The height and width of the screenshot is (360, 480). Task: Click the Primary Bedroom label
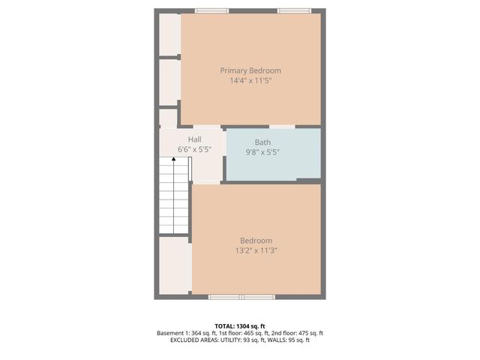[250, 70]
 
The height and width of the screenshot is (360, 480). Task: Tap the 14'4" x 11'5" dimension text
[250, 80]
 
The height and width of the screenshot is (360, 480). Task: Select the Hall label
[194, 139]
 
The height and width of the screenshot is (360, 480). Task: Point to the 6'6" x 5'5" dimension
[194, 149]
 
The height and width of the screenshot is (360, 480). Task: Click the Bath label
[262, 142]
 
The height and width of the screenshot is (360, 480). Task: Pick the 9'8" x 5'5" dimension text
[262, 151]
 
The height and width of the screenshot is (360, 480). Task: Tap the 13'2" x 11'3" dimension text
[256, 250]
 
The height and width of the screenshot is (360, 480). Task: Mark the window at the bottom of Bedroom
[241, 297]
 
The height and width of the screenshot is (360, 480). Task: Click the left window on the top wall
[212, 10]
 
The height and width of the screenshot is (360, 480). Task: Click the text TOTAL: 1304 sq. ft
[240, 325]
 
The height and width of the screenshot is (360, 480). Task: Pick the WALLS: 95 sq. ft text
[293, 340]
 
